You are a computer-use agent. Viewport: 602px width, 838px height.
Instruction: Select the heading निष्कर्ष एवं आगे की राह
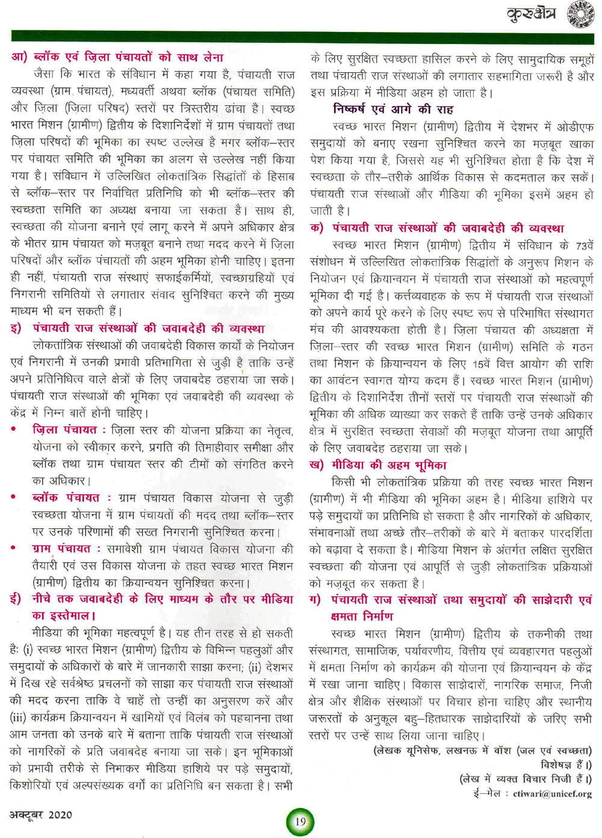click(x=393, y=110)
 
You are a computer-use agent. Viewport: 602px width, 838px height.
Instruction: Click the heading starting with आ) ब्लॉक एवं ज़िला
click(x=117, y=57)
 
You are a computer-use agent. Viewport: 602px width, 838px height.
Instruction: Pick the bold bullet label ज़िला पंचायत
click(x=64, y=430)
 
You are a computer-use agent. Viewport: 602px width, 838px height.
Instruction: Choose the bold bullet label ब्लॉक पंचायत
click(x=66, y=498)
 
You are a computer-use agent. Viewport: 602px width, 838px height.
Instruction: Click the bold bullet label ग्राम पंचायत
click(x=61, y=549)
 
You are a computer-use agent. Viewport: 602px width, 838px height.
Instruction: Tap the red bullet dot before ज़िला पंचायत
click(x=14, y=430)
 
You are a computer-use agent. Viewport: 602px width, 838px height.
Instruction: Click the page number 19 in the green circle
click(x=300, y=821)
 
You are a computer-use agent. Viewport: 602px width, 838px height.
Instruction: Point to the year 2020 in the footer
click(x=60, y=815)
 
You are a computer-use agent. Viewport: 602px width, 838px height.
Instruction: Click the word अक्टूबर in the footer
click(x=26, y=815)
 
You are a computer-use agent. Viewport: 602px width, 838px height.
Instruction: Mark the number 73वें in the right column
click(x=584, y=246)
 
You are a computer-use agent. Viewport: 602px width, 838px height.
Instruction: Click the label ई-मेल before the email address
click(x=487, y=793)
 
